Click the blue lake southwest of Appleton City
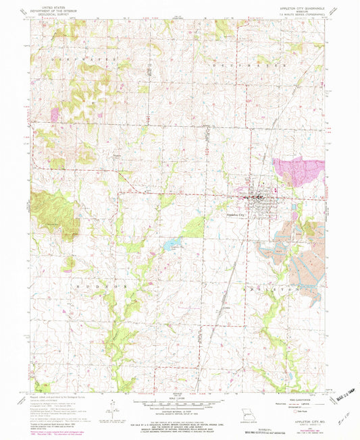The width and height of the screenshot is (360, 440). click(x=172, y=244)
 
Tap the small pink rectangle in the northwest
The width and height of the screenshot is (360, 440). click(x=55, y=115)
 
